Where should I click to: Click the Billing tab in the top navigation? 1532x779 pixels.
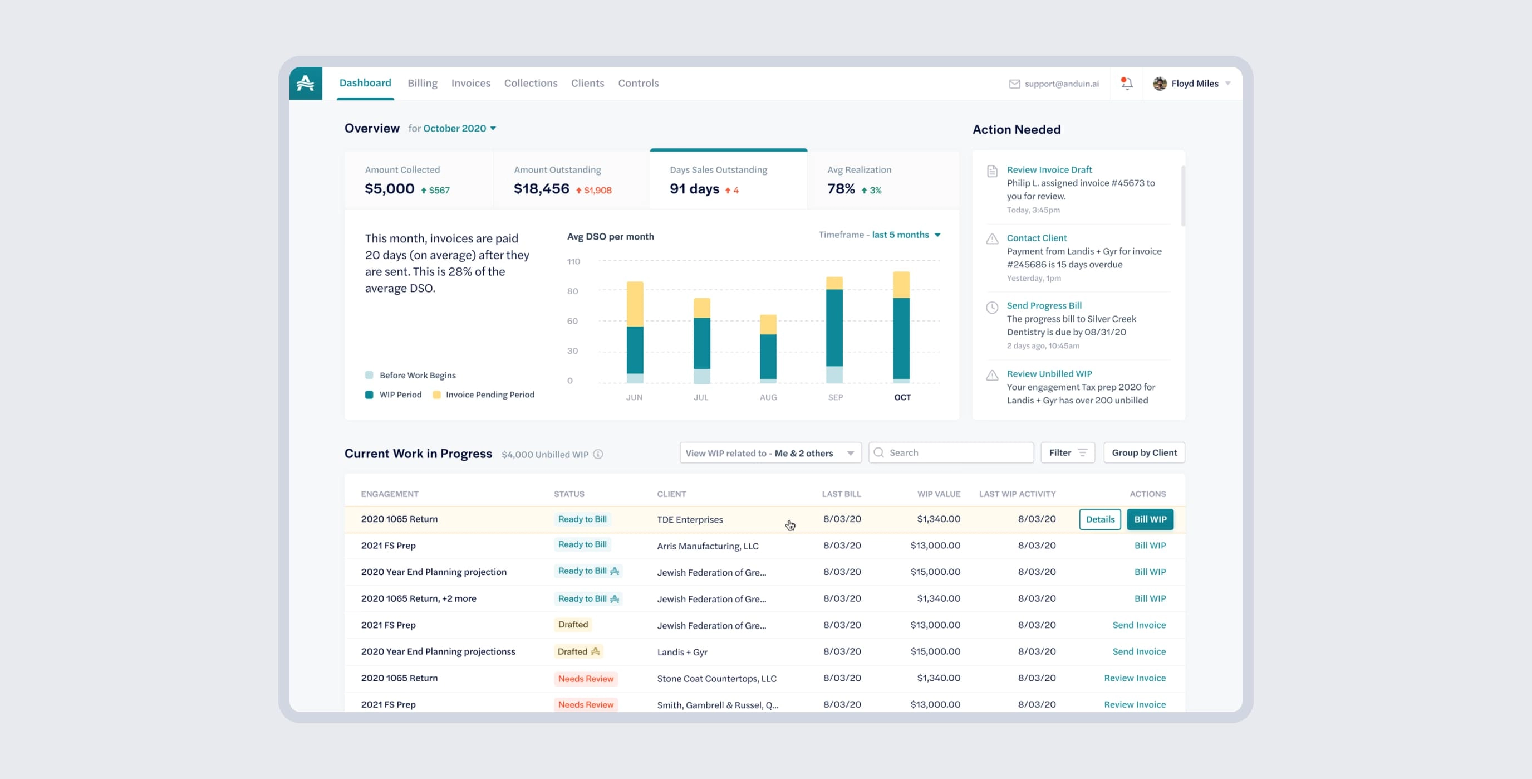pos(423,84)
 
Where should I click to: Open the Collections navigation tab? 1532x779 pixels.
pos(531,84)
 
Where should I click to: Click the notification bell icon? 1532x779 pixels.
pos(1126,84)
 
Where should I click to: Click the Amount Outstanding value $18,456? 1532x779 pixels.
pos(541,189)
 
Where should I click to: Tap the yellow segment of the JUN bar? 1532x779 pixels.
pos(635,304)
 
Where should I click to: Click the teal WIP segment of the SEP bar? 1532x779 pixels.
pos(834,327)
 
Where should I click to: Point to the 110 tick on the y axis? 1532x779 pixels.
pos(573,261)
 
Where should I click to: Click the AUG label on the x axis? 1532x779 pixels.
pos(768,397)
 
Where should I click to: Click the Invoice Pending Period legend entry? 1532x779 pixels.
pos(489,395)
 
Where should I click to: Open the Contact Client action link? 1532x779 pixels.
pos(1036,238)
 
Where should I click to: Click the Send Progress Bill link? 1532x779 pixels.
pos(1044,306)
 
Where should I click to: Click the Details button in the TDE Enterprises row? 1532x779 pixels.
pos(1099,519)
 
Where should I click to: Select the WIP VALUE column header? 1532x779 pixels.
pos(938,494)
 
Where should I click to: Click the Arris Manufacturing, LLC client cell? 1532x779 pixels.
pos(707,546)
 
